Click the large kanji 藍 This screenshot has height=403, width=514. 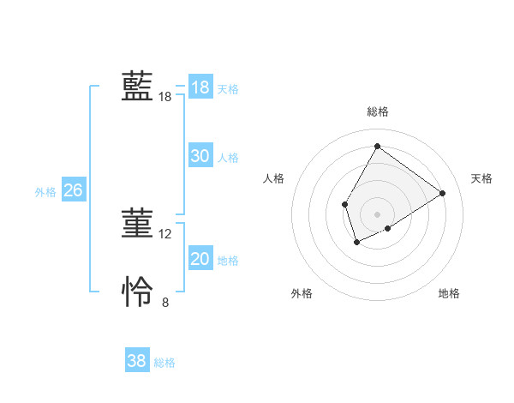(137, 87)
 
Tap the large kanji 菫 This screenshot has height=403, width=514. (137, 224)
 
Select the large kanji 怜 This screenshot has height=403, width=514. (137, 292)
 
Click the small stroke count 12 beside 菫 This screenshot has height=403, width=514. (165, 233)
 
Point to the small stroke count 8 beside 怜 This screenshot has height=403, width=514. (165, 301)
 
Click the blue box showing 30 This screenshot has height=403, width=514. (200, 156)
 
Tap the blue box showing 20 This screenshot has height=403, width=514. (200, 259)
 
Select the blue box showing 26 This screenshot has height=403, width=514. (73, 190)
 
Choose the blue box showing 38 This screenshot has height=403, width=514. (136, 361)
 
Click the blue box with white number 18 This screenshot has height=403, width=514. (200, 87)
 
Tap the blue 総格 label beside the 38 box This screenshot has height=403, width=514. (164, 363)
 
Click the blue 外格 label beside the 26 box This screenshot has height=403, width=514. (45, 192)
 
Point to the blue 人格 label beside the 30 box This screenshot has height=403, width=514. (228, 158)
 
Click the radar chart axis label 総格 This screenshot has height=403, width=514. (378, 111)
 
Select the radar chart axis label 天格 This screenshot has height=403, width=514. (481, 178)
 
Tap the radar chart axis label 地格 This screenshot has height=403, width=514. (449, 293)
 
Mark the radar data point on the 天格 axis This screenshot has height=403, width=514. (442, 193)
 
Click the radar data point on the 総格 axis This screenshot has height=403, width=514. (377, 146)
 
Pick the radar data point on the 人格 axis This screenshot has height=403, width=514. (344, 204)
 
